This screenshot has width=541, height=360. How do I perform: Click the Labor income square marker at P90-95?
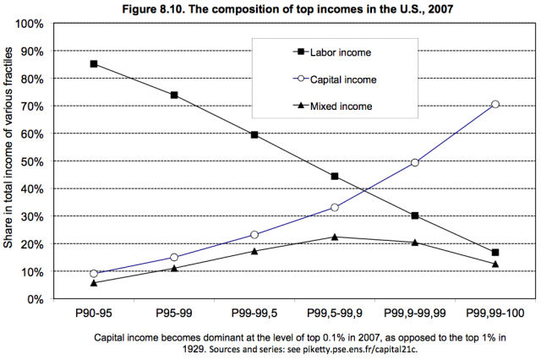click(93, 63)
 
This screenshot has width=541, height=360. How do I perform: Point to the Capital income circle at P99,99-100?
click(495, 104)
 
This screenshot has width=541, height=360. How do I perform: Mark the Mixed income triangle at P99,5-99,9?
click(335, 237)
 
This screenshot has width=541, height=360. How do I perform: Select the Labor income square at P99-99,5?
click(254, 134)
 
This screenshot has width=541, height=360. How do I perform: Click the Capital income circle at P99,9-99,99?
click(415, 162)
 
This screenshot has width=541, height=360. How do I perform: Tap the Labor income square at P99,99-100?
click(495, 253)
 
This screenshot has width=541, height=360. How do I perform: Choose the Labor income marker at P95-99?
click(173, 95)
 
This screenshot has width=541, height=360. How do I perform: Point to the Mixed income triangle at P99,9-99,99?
click(415, 243)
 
